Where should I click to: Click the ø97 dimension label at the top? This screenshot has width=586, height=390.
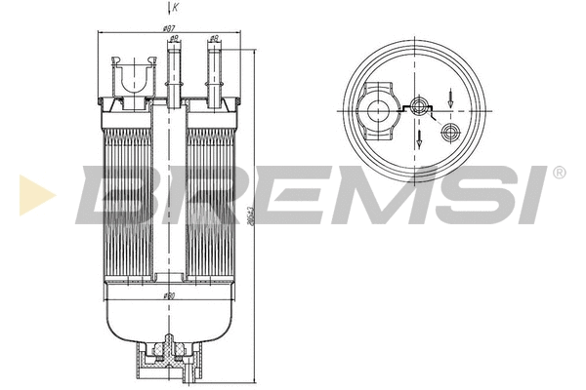pos(170,29)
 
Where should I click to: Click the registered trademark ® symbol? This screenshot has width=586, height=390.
pos(558,173)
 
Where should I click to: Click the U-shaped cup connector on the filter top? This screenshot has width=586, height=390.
pos(133,75)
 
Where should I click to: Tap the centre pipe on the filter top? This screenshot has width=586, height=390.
pos(176,68)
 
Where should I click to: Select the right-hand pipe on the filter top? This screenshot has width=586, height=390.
pos(213,68)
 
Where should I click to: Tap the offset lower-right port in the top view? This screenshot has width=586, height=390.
pos(450,131)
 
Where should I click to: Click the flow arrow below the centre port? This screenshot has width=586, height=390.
pos(420,138)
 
